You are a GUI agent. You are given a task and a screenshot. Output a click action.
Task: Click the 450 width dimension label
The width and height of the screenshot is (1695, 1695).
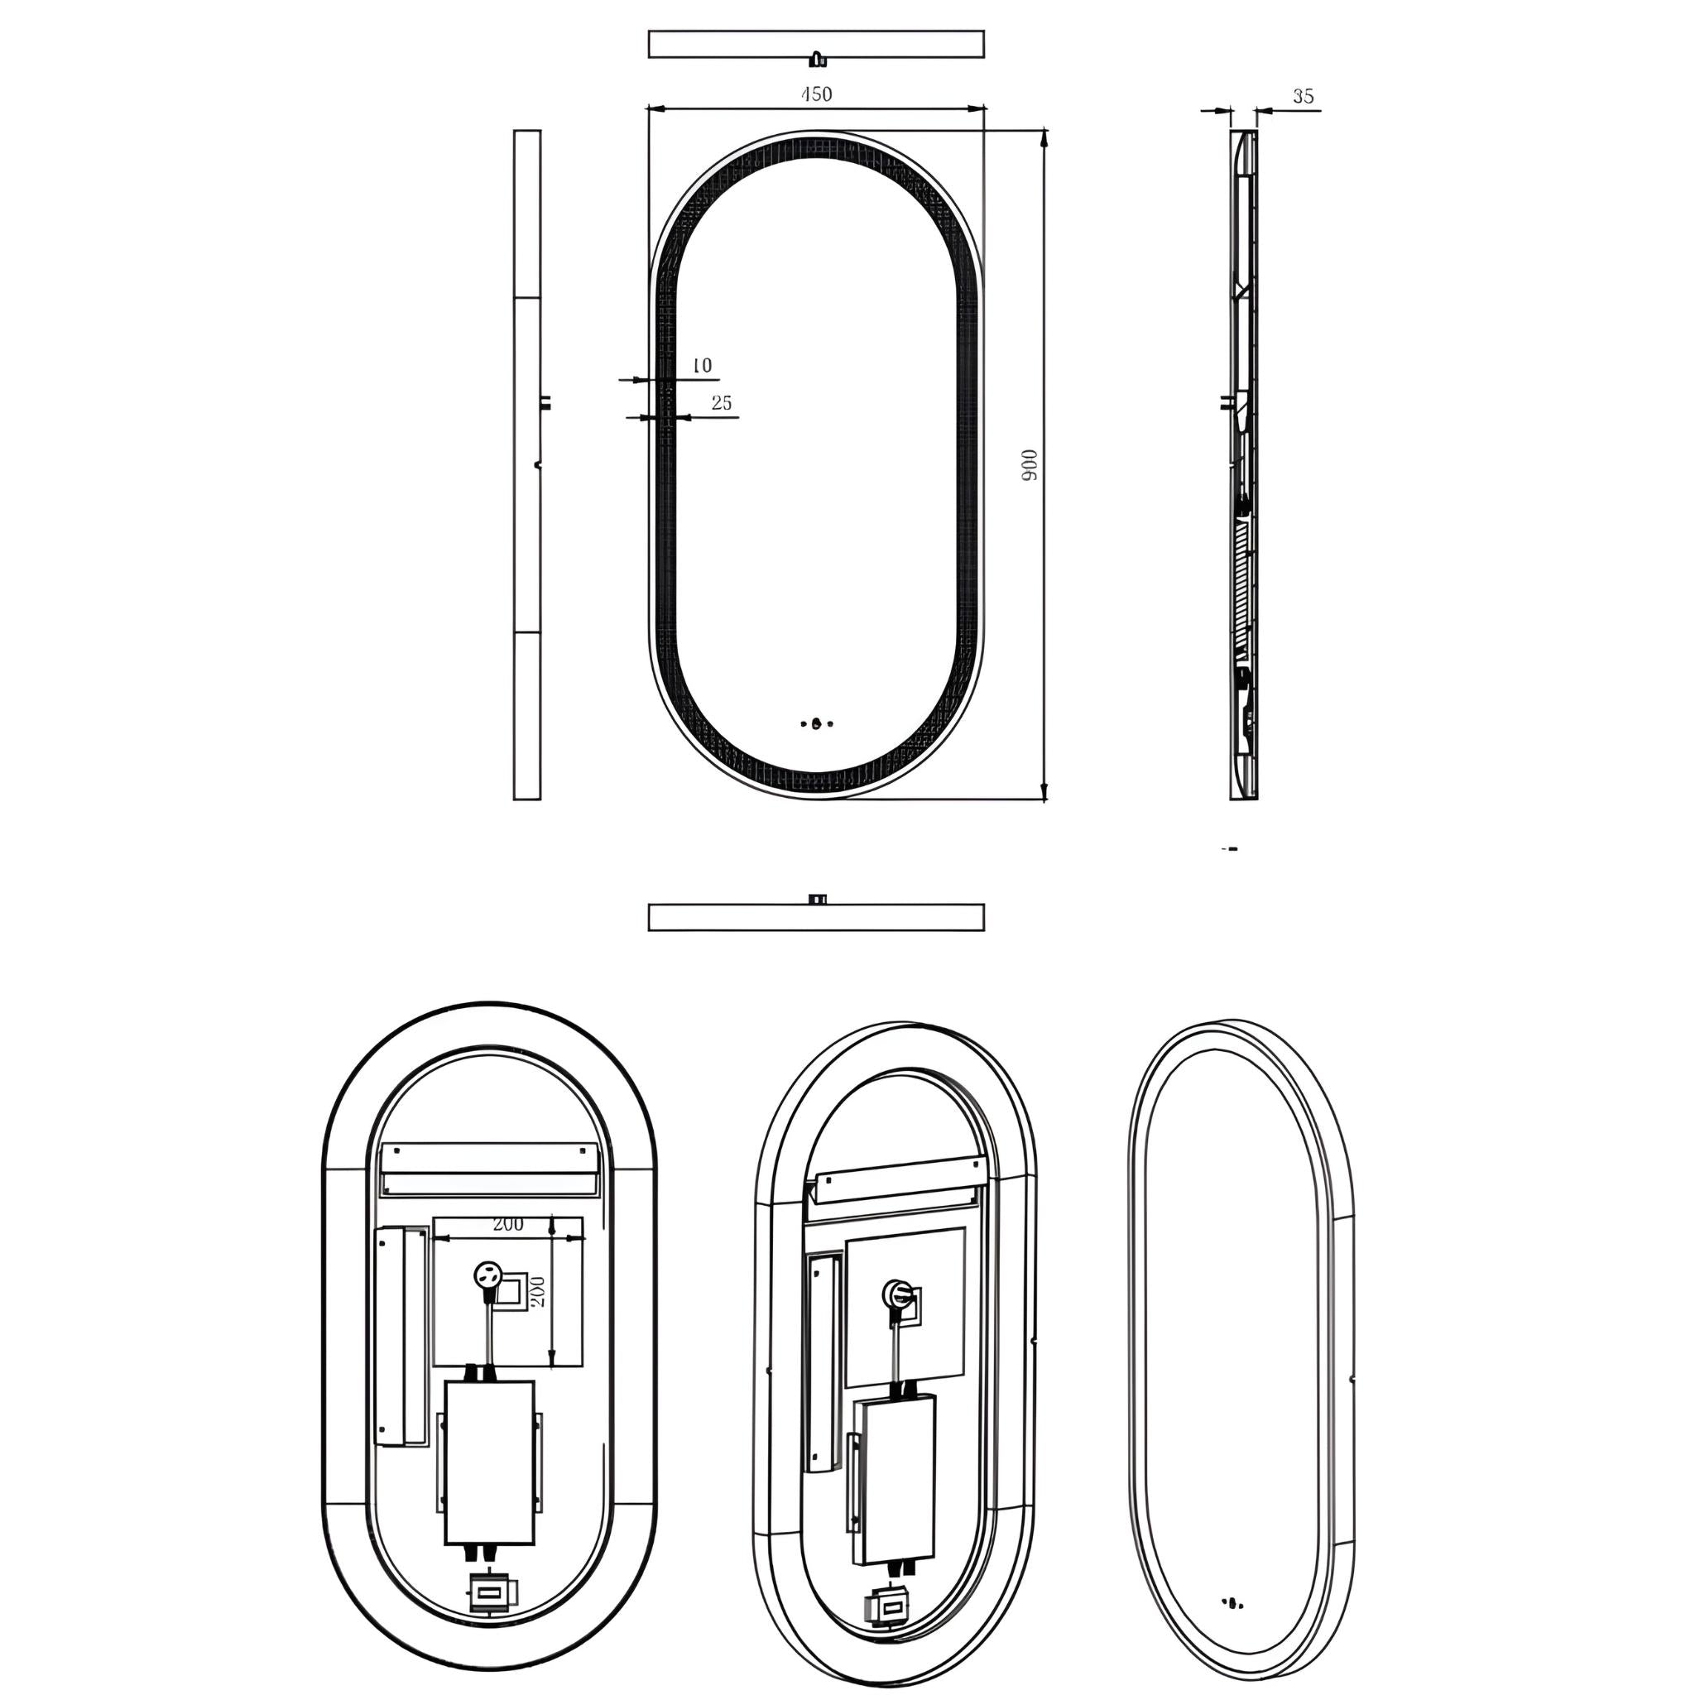pos(817,93)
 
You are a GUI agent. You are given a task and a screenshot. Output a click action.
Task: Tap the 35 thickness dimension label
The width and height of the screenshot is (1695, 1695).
pos(1304,97)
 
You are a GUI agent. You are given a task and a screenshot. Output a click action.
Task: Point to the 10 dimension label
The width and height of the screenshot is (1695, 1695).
pos(702,365)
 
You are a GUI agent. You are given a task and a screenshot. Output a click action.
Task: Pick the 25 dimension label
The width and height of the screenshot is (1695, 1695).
pos(721,403)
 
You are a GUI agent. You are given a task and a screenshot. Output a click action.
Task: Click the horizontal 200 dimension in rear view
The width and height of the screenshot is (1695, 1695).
pos(508,1224)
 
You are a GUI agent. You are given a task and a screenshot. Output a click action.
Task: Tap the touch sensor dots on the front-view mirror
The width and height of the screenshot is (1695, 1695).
pos(817,725)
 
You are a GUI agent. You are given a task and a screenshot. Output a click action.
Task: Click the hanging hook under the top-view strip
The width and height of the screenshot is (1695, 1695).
pos(818,60)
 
